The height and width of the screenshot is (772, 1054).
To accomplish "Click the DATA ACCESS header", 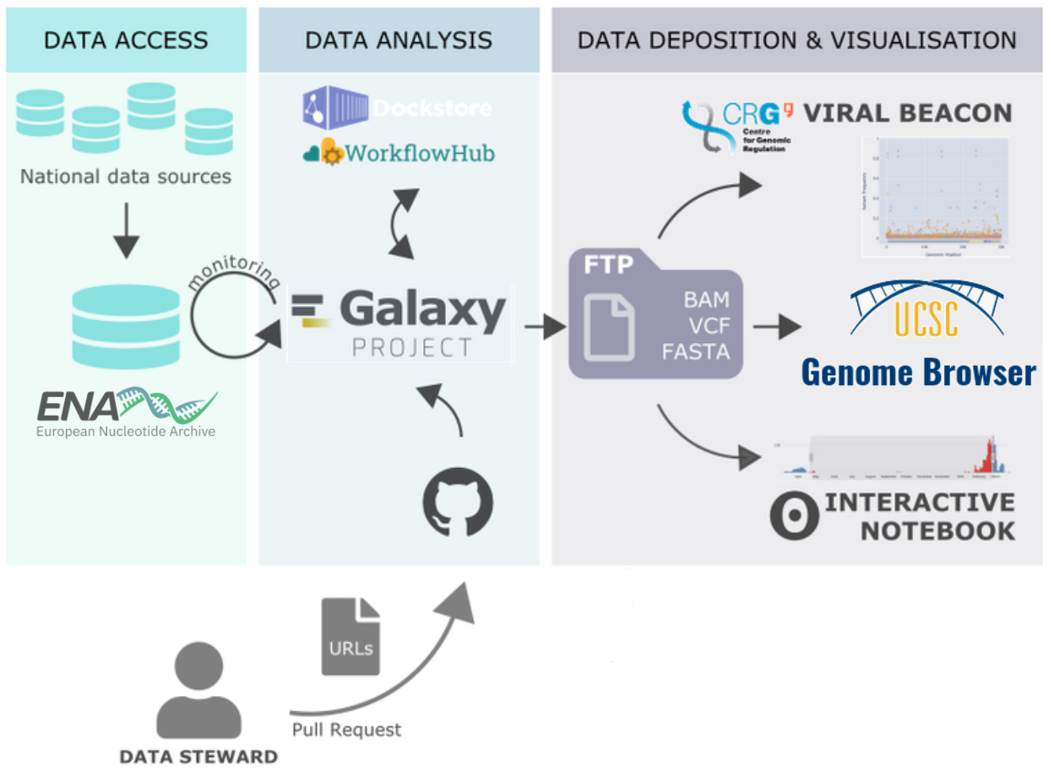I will pos(126,40).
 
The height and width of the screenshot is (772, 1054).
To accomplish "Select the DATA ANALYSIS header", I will pos(398,40).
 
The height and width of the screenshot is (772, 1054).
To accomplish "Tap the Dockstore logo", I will pos(397,107).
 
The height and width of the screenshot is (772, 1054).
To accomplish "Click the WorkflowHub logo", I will pos(399,154).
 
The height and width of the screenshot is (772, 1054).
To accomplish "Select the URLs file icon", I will pos(350,636).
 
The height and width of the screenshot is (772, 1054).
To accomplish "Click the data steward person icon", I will pos(198,691).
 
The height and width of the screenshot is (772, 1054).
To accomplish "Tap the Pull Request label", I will pos(347,729).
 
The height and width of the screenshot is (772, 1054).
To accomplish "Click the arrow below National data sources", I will pos(126,229).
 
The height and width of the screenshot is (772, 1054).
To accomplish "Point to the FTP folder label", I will pos(609,265).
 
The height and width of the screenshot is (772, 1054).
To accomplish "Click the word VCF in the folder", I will pos(707,324).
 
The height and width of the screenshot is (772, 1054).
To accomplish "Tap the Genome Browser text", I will pos(918,372).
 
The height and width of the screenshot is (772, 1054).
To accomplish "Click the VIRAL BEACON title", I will pos(907,113).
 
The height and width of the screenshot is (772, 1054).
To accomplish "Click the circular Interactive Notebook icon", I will pos(795,516).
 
